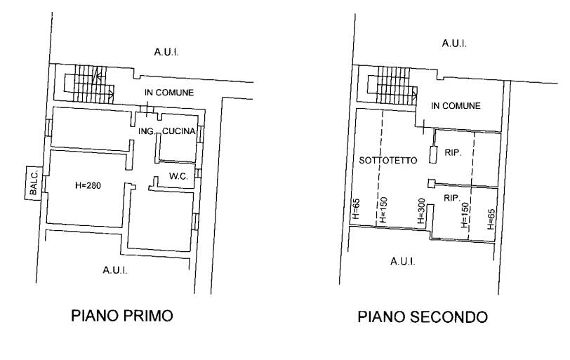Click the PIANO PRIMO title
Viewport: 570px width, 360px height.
[121, 316]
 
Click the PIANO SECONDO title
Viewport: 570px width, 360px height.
[423, 316]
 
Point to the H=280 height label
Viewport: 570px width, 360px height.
[88, 186]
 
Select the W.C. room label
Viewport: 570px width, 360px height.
[178, 177]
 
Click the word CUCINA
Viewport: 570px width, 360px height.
[179, 131]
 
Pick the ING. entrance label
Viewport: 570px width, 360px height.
[147, 131]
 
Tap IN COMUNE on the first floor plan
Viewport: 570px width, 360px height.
[169, 93]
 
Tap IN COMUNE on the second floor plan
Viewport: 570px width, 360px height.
[456, 106]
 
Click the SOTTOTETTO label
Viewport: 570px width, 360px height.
[388, 160]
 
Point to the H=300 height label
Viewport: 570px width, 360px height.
[421, 211]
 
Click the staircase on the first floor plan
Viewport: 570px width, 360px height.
[89, 84]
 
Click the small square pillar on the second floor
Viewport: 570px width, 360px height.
[431, 184]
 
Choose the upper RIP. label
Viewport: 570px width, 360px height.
[453, 152]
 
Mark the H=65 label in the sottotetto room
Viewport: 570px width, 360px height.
[356, 208]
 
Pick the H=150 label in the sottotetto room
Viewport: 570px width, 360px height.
[383, 210]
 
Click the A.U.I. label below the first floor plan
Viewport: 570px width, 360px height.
[115, 270]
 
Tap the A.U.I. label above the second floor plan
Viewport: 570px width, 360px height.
[454, 44]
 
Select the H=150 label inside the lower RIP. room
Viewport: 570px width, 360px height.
[465, 215]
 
